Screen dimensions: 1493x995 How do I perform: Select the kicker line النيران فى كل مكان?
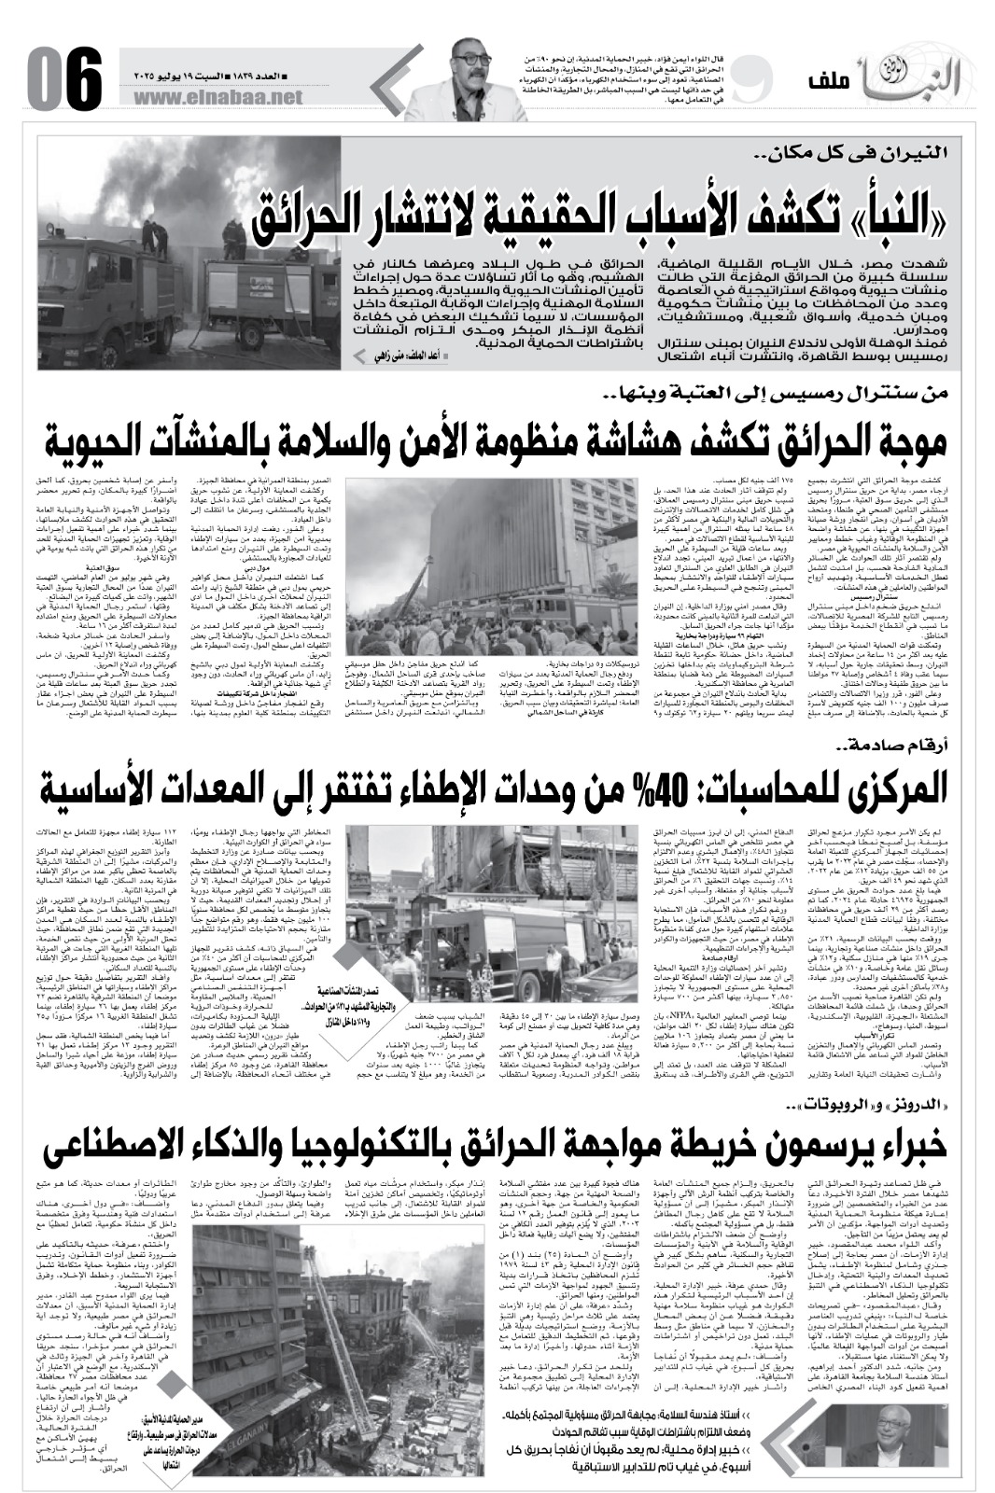click(x=869, y=150)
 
